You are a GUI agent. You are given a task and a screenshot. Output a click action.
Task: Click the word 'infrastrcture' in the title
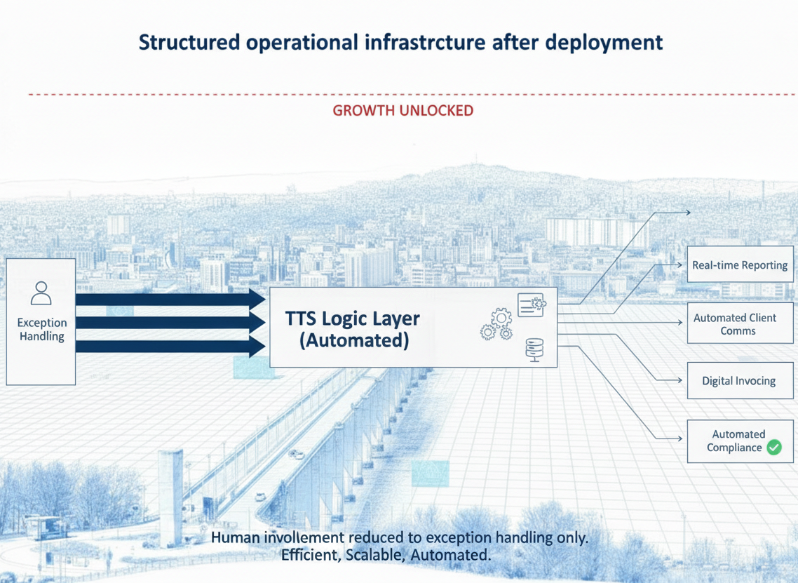pyautogui.click(x=425, y=42)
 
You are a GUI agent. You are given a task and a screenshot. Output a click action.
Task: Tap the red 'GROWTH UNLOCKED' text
pyautogui.click(x=403, y=110)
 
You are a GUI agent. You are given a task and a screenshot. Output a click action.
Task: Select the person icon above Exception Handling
pyautogui.click(x=41, y=293)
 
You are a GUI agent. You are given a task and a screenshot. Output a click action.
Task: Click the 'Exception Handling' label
pyautogui.click(x=42, y=330)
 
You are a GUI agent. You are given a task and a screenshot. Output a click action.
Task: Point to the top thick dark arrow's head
pyautogui.click(x=257, y=299)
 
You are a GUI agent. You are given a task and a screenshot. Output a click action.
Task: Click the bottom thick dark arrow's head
pyautogui.click(x=257, y=347)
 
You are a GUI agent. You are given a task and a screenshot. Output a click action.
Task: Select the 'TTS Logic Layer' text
pyautogui.click(x=352, y=319)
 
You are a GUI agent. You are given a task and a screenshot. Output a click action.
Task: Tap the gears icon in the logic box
pyautogui.click(x=496, y=324)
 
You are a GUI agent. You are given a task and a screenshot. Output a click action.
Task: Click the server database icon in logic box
pyautogui.click(x=534, y=350)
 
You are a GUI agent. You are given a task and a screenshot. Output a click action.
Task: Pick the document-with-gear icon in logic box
pyautogui.click(x=532, y=304)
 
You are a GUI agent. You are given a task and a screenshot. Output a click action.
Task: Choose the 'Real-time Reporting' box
pyautogui.click(x=740, y=264)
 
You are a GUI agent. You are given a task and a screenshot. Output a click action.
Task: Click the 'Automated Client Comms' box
pyautogui.click(x=740, y=323)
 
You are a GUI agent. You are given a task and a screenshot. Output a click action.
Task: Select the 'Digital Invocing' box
pyautogui.click(x=740, y=380)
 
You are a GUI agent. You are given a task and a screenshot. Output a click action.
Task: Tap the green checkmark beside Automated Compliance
pyautogui.click(x=774, y=448)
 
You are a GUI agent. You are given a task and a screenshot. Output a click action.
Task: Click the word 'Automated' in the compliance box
pyautogui.click(x=738, y=434)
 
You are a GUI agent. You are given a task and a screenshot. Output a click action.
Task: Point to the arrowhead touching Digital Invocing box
pyautogui.click(x=679, y=380)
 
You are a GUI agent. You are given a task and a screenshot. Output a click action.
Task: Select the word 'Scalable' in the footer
pyautogui.click(x=375, y=554)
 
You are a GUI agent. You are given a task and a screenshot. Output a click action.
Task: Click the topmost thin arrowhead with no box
pyautogui.click(x=687, y=213)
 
